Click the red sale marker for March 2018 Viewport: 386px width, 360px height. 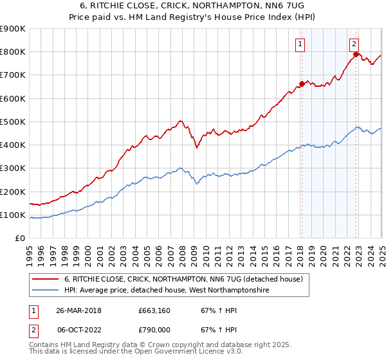(302, 84)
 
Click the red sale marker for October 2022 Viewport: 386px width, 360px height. (356, 55)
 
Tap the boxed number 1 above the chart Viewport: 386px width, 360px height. (301, 44)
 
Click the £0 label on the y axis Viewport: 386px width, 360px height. (20, 239)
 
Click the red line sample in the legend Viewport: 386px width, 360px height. (46, 280)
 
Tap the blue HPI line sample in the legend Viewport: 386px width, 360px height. (46, 291)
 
